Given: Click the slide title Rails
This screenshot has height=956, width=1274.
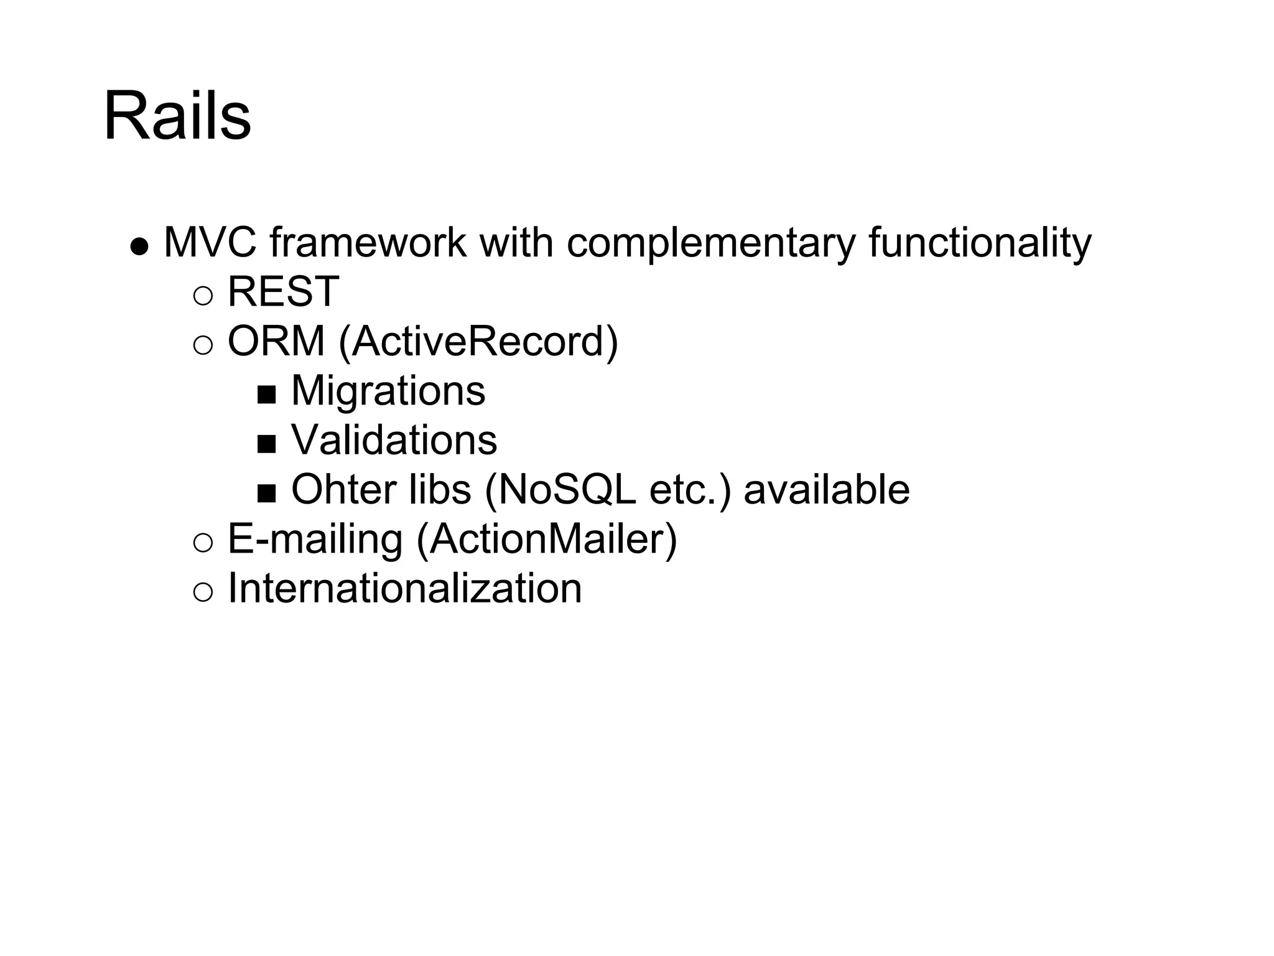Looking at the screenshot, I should click(177, 116).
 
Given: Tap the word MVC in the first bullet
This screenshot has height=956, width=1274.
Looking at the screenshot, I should click(210, 242).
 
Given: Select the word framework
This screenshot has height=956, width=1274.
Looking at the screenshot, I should click(368, 242).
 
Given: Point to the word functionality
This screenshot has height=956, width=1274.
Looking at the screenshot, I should click(980, 242).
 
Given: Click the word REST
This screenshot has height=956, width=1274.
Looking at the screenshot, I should click(283, 291).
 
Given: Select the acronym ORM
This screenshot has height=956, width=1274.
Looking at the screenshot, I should click(276, 341).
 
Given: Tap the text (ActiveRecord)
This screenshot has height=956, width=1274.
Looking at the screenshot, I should click(478, 341).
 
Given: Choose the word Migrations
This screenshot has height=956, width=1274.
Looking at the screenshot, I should click(388, 391).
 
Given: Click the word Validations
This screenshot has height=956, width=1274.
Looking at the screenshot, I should click(394, 440).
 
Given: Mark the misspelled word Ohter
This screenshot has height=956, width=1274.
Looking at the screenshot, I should click(344, 489).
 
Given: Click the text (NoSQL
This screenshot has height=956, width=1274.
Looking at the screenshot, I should click(560, 489).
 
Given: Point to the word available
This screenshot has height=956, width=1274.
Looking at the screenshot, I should click(827, 489).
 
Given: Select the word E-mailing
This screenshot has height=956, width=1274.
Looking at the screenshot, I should click(315, 539).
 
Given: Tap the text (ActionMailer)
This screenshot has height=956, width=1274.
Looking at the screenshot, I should click(546, 539).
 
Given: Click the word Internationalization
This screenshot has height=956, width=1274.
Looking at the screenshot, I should click(405, 588).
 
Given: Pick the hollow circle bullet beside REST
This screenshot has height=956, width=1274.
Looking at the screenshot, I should click(203, 296).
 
